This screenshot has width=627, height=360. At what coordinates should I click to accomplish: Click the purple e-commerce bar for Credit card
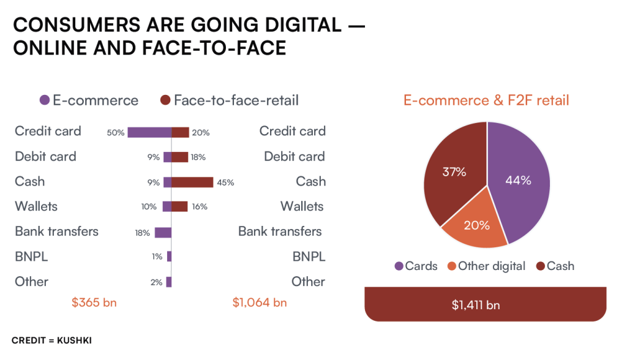point(149,132)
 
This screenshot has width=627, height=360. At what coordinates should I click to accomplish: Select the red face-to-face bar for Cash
point(192,182)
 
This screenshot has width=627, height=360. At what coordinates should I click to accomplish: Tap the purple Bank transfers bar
point(163,232)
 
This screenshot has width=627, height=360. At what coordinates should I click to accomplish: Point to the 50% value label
point(115,132)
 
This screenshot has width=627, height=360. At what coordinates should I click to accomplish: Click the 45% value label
point(225,182)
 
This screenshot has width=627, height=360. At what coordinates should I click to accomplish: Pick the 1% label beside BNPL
point(157,257)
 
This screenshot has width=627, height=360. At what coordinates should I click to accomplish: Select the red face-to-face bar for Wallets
point(179,207)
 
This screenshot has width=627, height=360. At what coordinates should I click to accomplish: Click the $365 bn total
point(94,302)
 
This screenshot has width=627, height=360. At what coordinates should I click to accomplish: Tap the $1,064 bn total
point(260,302)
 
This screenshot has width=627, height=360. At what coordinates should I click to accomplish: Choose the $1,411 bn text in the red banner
point(486,304)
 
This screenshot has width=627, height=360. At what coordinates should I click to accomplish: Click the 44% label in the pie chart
point(517,180)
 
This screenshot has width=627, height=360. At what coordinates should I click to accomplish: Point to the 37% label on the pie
point(454,172)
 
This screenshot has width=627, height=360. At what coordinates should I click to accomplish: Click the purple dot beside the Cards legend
point(399,266)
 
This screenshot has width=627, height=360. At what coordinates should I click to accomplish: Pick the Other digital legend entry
point(486,266)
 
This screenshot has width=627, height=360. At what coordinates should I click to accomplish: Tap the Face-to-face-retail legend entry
point(229,100)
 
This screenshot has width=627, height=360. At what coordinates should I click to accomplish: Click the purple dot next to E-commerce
point(44,100)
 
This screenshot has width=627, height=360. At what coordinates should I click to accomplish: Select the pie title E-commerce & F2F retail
point(486,100)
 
